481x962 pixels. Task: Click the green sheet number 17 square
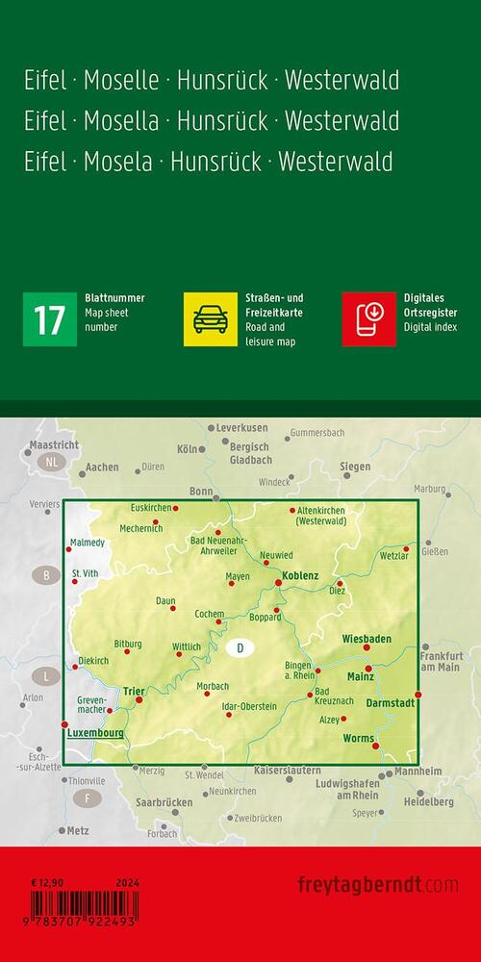pos(48,319)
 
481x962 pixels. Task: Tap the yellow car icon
pos(209,319)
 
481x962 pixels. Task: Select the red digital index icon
pos(368,319)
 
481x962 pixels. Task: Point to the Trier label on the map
pos(134,689)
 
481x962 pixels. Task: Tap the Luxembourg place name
pos(96,732)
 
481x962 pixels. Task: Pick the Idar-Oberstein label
pos(249,707)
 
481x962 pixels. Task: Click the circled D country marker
pos(240,650)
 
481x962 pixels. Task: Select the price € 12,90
pos(45,881)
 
